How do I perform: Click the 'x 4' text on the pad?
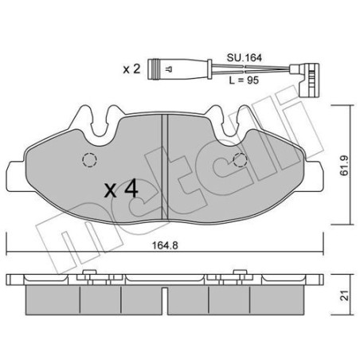(x=121, y=189)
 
